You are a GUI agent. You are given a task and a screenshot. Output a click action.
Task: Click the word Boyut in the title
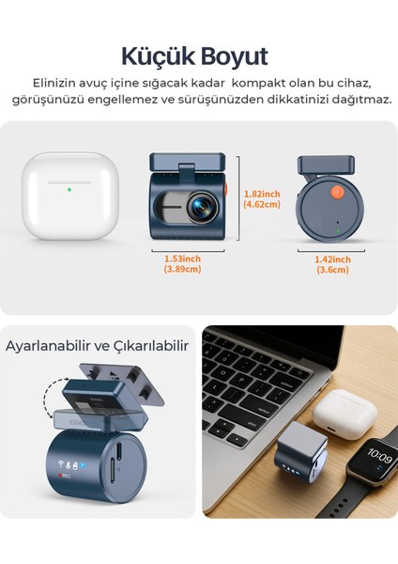(x=235, y=55)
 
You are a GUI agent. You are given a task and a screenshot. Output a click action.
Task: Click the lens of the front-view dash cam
(x=202, y=205)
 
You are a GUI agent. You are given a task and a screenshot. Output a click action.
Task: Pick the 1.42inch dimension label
(x=333, y=258)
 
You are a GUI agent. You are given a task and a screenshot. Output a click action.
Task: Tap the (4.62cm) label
(x=262, y=203)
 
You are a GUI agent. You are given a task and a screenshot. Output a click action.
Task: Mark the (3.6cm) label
(x=333, y=270)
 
